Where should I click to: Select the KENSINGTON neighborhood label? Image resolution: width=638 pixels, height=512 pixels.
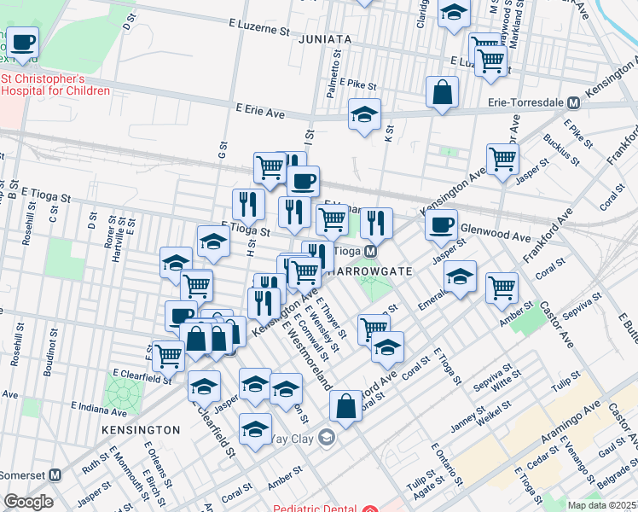(x=140, y=430)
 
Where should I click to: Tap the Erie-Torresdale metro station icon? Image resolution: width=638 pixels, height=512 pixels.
(x=574, y=102)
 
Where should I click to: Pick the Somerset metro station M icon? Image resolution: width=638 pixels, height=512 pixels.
(x=55, y=474)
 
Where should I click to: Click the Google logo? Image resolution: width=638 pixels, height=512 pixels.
(x=27, y=502)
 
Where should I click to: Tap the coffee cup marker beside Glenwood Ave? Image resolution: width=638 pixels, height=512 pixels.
(x=441, y=224)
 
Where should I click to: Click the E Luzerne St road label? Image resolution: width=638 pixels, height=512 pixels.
(x=260, y=29)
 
